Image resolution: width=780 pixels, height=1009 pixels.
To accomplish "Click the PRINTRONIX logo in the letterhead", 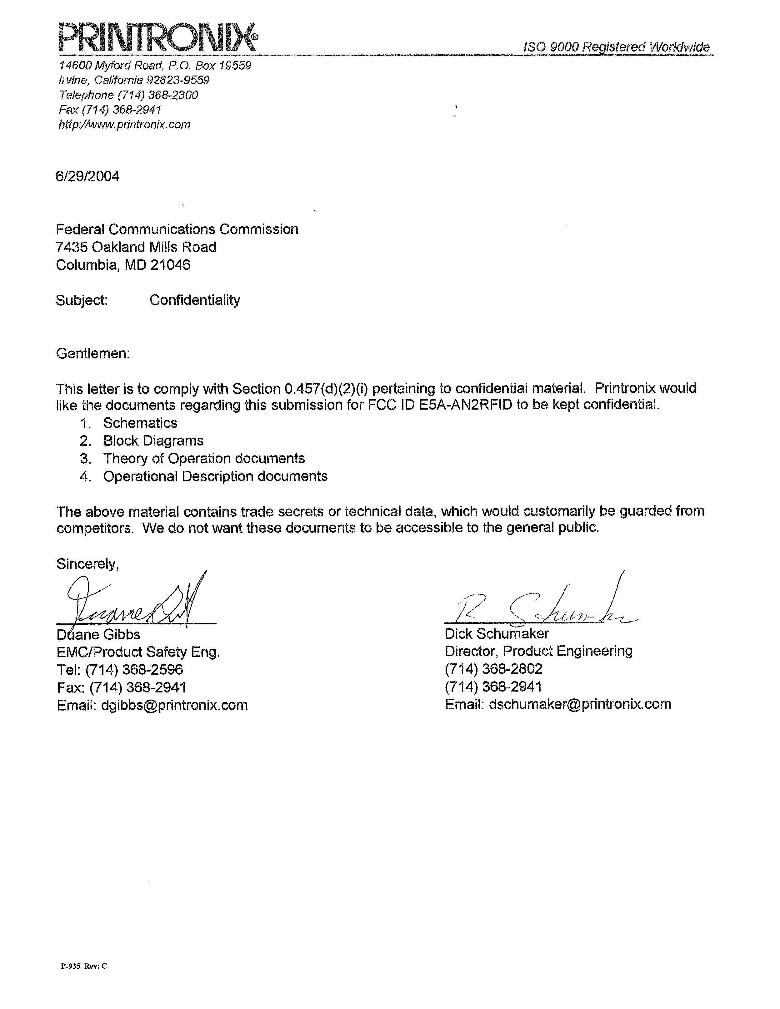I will click(157, 37).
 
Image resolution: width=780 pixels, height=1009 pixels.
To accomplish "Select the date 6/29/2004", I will click(87, 176).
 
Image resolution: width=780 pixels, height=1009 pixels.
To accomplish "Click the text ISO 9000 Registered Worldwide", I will click(616, 47).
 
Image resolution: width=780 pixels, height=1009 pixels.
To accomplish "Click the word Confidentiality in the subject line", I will click(195, 300).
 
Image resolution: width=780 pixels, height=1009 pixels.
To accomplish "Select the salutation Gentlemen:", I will click(93, 354).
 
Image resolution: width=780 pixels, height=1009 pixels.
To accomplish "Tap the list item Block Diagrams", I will click(153, 441).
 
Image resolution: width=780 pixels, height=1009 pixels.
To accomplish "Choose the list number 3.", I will click(85, 459).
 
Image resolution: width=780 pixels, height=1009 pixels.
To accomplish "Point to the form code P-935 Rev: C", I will click(84, 966).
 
